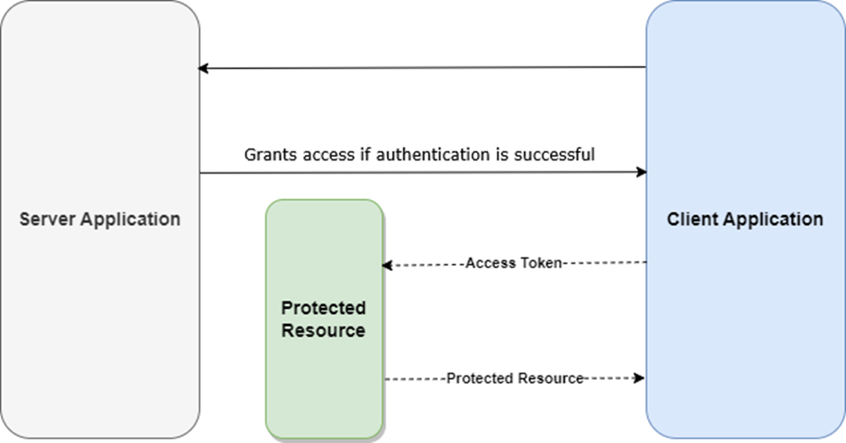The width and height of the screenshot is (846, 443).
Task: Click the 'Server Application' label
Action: pyautogui.click(x=100, y=219)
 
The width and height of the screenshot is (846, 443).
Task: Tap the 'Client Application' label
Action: pyautogui.click(x=745, y=219)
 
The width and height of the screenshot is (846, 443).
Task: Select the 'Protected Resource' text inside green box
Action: pyautogui.click(x=323, y=320)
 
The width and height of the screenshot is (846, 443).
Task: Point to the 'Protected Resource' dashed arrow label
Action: pyautogui.click(x=515, y=378)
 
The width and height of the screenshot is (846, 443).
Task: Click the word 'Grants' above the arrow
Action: pyautogui.click(x=267, y=155)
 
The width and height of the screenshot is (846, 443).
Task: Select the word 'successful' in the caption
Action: pyautogui.click(x=554, y=155)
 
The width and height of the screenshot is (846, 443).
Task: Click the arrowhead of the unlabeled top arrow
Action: pyautogui.click(x=204, y=68)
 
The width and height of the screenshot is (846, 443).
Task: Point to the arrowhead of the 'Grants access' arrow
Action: pyautogui.click(x=642, y=172)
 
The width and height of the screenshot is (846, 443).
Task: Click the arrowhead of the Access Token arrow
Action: pyautogui.click(x=387, y=265)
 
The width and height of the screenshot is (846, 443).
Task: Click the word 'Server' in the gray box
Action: pyautogui.click(x=44, y=219)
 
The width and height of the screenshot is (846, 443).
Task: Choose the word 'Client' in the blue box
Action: pyautogui.click(x=690, y=219)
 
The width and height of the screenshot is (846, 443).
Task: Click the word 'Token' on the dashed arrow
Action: pyautogui.click(x=539, y=264)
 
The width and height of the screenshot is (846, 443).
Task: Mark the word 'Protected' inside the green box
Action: pyautogui.click(x=323, y=309)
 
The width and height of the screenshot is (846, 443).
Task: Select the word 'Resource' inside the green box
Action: pyautogui.click(x=323, y=330)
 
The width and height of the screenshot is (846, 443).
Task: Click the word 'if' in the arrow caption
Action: pyautogui.click(x=367, y=155)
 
